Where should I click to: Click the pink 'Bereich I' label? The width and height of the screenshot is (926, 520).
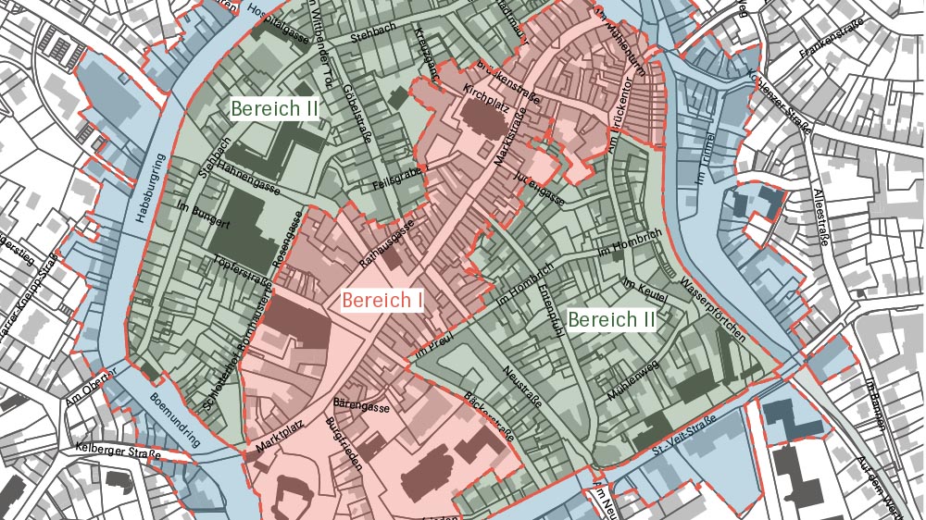pyautogui.click(x=382, y=300)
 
